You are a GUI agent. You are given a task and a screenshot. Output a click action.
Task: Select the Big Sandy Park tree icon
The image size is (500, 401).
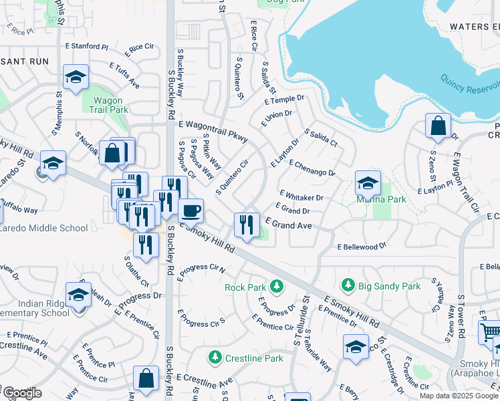click(x=348, y=285)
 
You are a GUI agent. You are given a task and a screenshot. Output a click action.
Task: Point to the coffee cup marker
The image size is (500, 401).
click(x=191, y=211)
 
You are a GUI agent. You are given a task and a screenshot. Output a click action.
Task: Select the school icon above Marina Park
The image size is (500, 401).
click(x=367, y=182)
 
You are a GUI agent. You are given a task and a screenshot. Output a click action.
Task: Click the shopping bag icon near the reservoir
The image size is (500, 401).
click(x=438, y=126)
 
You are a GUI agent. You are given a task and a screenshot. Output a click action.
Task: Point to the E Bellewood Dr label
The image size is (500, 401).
click(x=362, y=246)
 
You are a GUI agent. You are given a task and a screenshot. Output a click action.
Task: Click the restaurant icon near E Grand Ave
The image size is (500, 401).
click(x=247, y=225)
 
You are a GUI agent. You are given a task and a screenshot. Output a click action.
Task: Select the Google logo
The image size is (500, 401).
click(x=23, y=393)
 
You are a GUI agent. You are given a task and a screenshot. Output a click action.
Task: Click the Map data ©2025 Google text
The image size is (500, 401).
click(x=459, y=396)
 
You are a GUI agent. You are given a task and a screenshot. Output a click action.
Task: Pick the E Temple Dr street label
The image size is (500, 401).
click(x=284, y=100)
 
